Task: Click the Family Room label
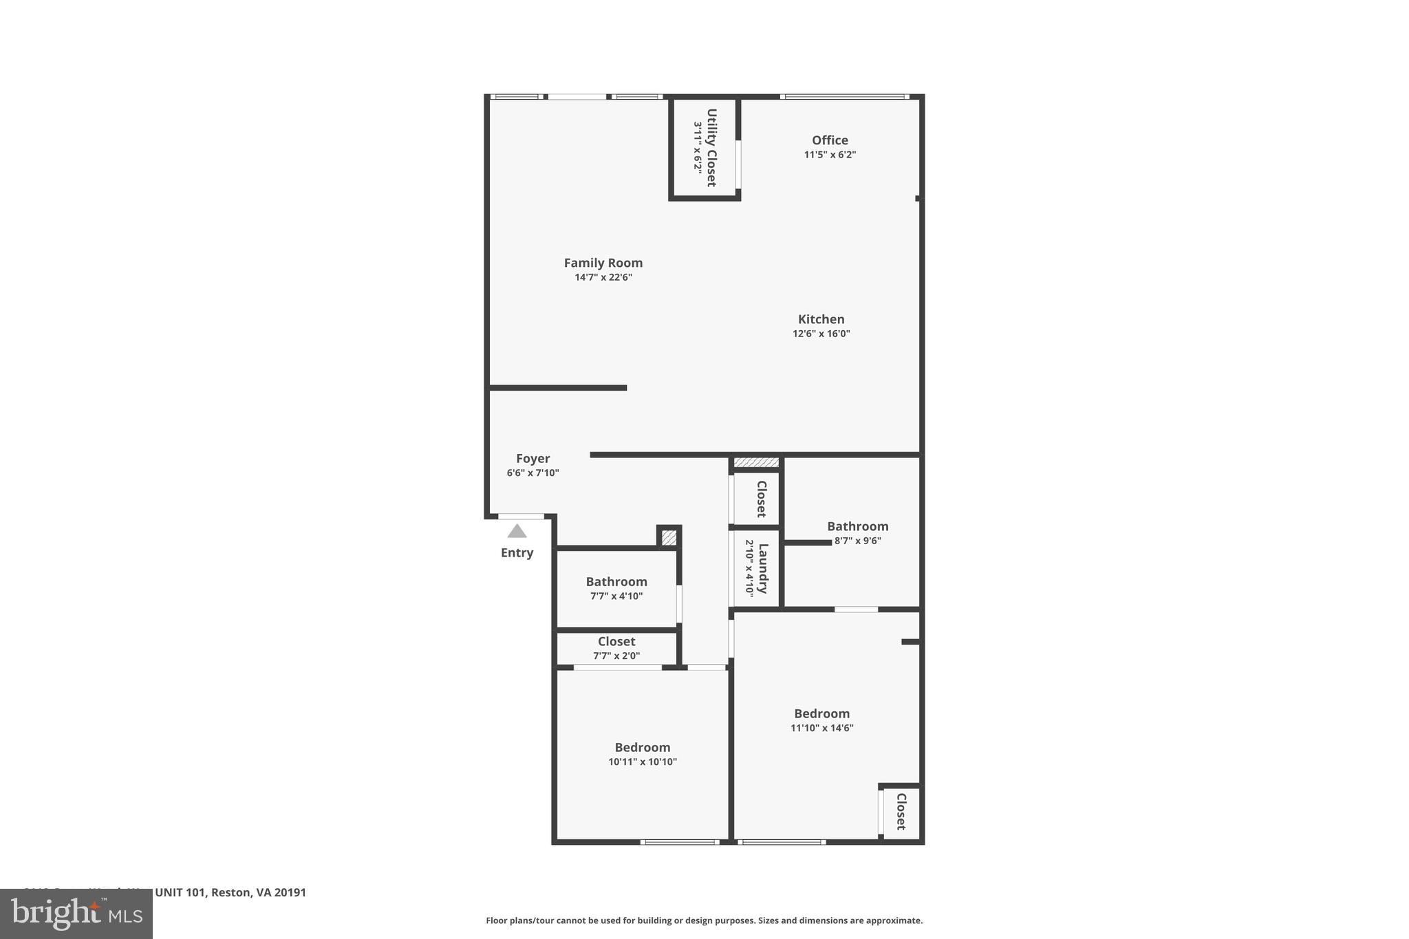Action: pyautogui.click(x=603, y=263)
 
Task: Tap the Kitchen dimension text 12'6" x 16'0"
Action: pyautogui.click(x=821, y=334)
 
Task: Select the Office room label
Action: pyautogui.click(x=830, y=140)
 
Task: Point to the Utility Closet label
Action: pyautogui.click(x=711, y=147)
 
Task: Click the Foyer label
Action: pyautogui.click(x=533, y=459)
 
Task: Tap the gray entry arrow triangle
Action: pyautogui.click(x=517, y=531)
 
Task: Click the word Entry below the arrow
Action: pyautogui.click(x=517, y=553)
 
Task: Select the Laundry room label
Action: pyautogui.click(x=762, y=568)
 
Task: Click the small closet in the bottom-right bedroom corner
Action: pyautogui.click(x=901, y=812)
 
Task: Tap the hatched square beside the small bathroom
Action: pyautogui.click(x=669, y=537)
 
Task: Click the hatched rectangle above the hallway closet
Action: pyautogui.click(x=756, y=462)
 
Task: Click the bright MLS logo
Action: pyautogui.click(x=76, y=914)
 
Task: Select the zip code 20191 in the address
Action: pyautogui.click(x=290, y=892)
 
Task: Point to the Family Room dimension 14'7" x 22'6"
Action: pyautogui.click(x=603, y=278)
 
